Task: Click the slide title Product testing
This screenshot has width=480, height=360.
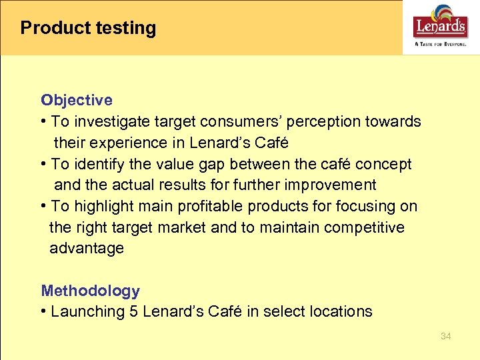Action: tap(88, 28)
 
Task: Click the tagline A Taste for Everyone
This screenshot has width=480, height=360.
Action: tap(441, 45)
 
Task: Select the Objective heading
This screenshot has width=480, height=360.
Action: tap(76, 100)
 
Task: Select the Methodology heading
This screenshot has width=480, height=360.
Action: tap(90, 291)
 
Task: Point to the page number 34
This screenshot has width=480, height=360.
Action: tap(446, 336)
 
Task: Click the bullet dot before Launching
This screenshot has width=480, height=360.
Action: tap(44, 311)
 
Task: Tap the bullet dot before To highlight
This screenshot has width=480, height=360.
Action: tap(44, 206)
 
